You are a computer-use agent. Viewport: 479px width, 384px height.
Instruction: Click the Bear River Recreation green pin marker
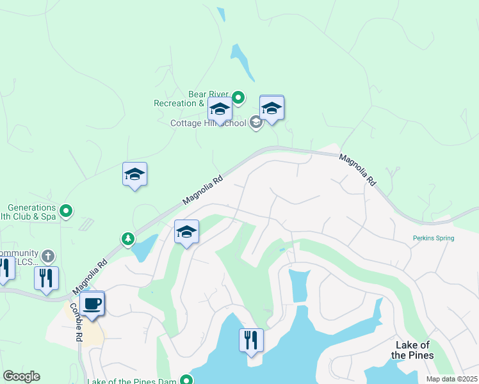point(238,98)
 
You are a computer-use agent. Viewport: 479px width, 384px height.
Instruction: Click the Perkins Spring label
point(433,238)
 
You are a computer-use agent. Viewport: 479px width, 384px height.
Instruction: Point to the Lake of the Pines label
point(412,351)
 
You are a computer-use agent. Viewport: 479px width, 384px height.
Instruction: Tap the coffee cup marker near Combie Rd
point(92,303)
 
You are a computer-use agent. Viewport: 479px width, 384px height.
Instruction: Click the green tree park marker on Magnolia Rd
point(128,239)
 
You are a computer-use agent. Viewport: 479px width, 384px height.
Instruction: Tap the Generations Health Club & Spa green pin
point(65,210)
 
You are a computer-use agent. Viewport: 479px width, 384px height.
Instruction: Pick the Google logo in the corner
point(21,376)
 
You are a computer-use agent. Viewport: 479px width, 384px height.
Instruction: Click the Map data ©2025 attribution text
point(451,379)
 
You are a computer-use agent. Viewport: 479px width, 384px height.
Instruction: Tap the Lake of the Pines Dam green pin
point(186,380)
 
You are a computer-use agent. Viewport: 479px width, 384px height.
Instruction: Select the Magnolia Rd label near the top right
point(357,169)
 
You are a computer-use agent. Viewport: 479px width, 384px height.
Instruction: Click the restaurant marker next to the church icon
point(45,278)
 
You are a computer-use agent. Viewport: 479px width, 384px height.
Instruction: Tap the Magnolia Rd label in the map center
point(202,190)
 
